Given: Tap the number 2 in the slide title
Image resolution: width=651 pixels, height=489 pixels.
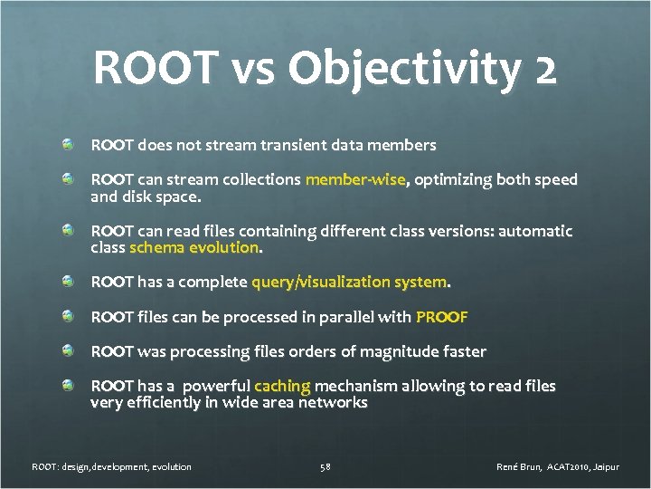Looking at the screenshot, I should click(x=544, y=70).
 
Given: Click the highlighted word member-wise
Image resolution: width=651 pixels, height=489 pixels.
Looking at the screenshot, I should click(x=355, y=179).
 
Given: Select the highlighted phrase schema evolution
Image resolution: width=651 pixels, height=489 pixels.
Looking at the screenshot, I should click(x=194, y=247).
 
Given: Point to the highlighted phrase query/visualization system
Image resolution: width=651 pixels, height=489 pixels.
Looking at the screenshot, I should click(x=349, y=283).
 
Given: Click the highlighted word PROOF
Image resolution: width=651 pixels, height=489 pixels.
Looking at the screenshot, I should click(x=441, y=317).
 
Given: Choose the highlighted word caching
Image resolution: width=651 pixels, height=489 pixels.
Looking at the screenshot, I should click(x=282, y=386).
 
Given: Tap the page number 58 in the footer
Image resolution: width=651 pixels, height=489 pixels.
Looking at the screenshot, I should click(x=325, y=467).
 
